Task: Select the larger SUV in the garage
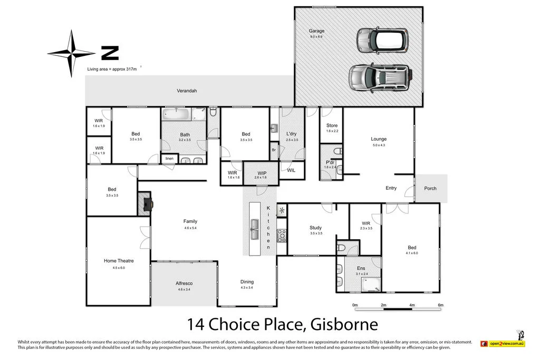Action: [378, 77]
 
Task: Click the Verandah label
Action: [187, 91]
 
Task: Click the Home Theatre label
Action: [119, 261]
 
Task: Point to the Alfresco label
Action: [184, 284]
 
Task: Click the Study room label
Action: [315, 228]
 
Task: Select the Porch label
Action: [430, 189]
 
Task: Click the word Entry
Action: [391, 188]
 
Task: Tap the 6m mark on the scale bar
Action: [440, 305]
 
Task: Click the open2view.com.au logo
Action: [502, 343]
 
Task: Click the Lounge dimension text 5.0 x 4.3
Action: [379, 145]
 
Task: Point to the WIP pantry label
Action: [262, 173]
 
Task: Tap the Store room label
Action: [332, 125]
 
